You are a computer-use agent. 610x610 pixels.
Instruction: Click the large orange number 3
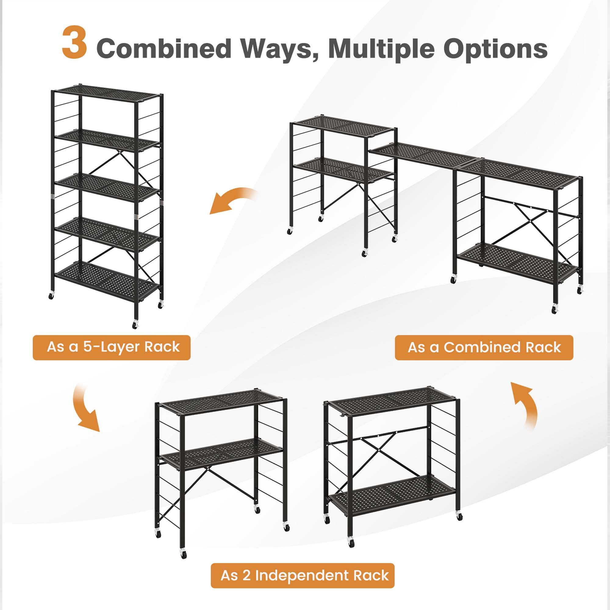coord(74,43)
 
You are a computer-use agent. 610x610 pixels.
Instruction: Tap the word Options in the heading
coord(495,48)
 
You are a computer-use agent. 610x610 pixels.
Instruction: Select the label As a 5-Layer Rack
coord(112,347)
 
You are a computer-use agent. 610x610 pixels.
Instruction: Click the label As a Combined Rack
coord(484,347)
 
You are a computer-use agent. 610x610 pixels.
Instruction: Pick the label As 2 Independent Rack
coord(303,575)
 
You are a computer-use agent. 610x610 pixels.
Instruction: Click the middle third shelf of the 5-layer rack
coord(107,188)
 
